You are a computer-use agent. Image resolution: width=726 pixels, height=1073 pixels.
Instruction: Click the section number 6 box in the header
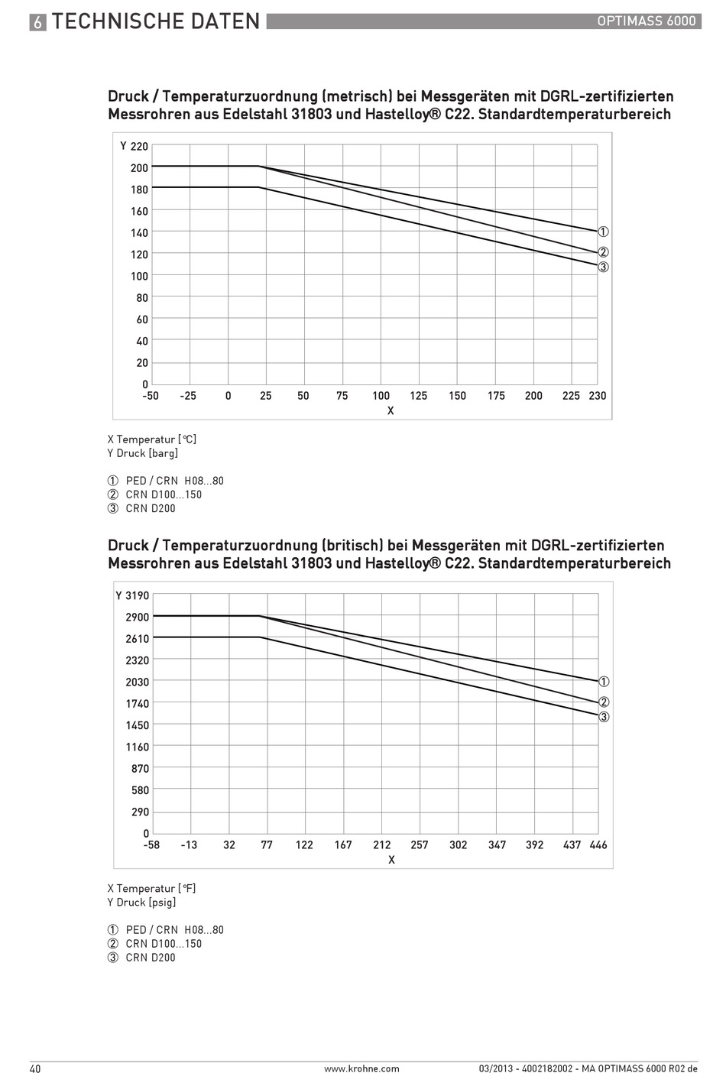point(38,22)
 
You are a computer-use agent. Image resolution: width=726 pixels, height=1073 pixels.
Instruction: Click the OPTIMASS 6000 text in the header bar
point(646,21)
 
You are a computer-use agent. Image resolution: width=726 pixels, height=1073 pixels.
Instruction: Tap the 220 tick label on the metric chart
point(139,146)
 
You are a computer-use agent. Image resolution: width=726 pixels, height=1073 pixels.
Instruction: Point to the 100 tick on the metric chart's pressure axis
point(139,276)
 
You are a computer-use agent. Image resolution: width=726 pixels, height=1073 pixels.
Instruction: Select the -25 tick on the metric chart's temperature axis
point(188,396)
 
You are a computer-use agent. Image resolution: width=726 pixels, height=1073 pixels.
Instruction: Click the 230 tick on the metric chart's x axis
point(597,396)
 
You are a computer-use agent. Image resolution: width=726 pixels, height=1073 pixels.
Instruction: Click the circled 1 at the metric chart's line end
point(604,232)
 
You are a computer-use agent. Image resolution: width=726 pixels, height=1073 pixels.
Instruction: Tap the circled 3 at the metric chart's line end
point(604,267)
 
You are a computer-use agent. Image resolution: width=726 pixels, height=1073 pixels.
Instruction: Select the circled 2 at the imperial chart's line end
point(604,702)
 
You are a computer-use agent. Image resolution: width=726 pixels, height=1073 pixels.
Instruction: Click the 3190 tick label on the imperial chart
point(138,595)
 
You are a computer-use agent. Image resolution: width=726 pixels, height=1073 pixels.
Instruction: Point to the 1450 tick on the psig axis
point(138,725)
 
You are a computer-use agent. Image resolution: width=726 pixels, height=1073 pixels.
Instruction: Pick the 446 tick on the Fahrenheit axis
point(598,845)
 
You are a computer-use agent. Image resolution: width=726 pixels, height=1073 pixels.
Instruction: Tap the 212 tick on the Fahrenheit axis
point(381,845)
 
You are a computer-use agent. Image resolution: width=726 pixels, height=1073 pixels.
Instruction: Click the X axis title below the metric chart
point(391,410)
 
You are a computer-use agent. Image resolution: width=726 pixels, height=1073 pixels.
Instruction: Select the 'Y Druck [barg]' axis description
point(143,453)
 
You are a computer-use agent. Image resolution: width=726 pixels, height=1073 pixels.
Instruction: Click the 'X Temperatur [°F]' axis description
point(152,888)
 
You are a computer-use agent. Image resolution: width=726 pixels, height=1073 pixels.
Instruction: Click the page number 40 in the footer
point(35,1068)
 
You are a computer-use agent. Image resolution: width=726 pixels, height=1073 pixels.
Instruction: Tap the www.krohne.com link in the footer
point(361,1068)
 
